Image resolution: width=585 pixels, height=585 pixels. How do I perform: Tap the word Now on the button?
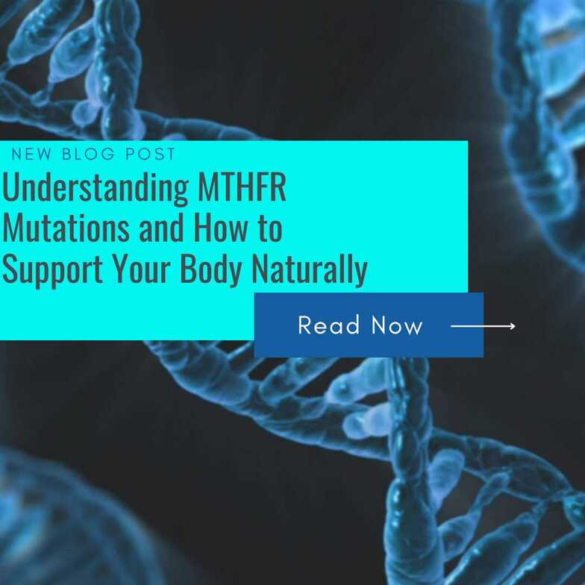click(397, 325)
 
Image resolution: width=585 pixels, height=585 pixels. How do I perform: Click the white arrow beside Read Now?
click(482, 326)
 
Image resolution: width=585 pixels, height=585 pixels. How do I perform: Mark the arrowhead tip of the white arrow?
click(514, 326)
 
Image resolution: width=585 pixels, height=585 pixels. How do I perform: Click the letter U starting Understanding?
click(10, 189)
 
